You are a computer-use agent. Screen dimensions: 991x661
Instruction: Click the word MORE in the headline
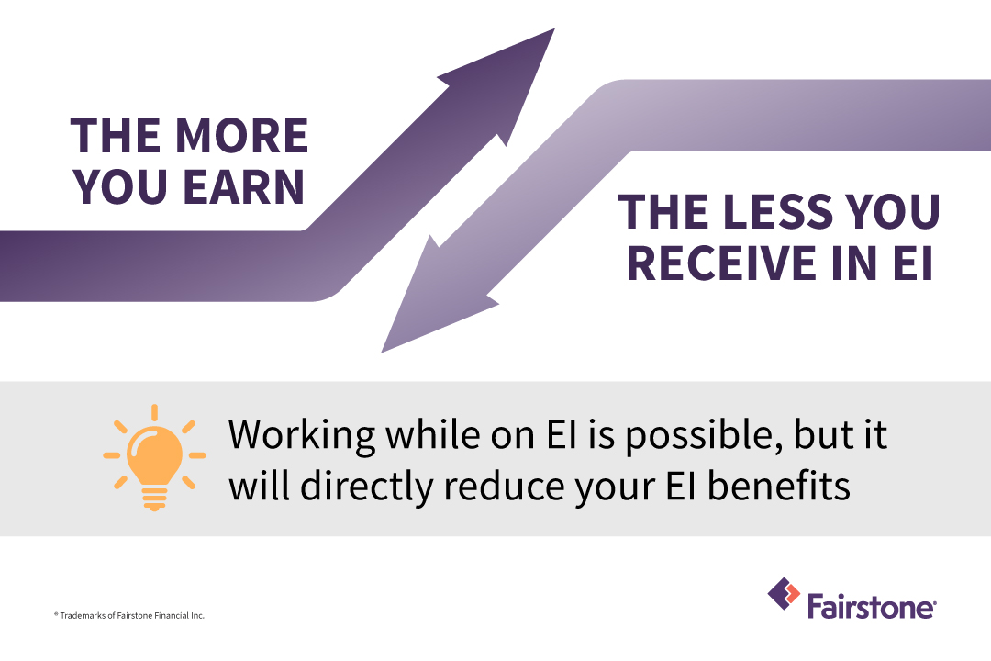coord(241,136)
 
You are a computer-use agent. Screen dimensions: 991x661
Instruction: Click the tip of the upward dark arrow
coord(554,29)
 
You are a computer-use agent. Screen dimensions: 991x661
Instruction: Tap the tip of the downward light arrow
coord(382,353)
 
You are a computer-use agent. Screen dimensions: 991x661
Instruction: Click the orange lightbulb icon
coord(154,456)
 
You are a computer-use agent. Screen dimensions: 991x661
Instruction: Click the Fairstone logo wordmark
coord(872,607)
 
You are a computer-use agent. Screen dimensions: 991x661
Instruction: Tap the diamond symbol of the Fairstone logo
coord(784,593)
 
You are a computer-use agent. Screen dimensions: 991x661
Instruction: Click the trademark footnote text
coord(129,615)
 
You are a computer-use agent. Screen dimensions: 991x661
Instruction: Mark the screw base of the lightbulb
coord(154,499)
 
